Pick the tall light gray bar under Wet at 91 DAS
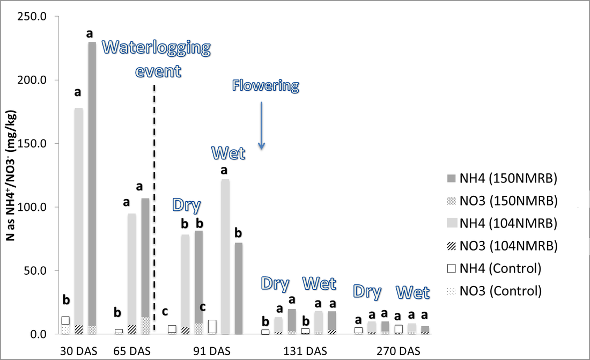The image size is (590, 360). pyautogui.click(x=225, y=257)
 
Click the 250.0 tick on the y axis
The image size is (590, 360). pyautogui.click(x=32, y=17)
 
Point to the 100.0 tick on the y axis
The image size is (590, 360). pyautogui.click(x=32, y=207)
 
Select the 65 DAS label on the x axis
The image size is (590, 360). pyautogui.click(x=132, y=351)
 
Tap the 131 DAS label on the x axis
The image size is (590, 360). pyautogui.click(x=305, y=351)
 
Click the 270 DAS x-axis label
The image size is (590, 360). pyautogui.click(x=399, y=351)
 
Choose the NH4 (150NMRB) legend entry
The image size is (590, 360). pyautogui.click(x=502, y=178)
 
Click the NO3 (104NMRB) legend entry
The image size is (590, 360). pyautogui.click(x=502, y=246)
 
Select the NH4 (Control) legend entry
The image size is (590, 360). pyautogui.click(x=494, y=268)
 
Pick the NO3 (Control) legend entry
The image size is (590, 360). pyautogui.click(x=494, y=291)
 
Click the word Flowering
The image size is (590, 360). pyautogui.click(x=265, y=86)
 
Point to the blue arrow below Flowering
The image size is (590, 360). pyautogui.click(x=262, y=126)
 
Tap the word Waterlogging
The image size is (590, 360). pyautogui.click(x=156, y=48)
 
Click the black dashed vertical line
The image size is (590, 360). pyautogui.click(x=154, y=209)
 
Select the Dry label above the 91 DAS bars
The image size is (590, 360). pyautogui.click(x=186, y=205)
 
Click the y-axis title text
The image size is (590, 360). pyautogui.click(x=11, y=175)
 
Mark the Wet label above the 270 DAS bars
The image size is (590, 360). pyautogui.click(x=413, y=292)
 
